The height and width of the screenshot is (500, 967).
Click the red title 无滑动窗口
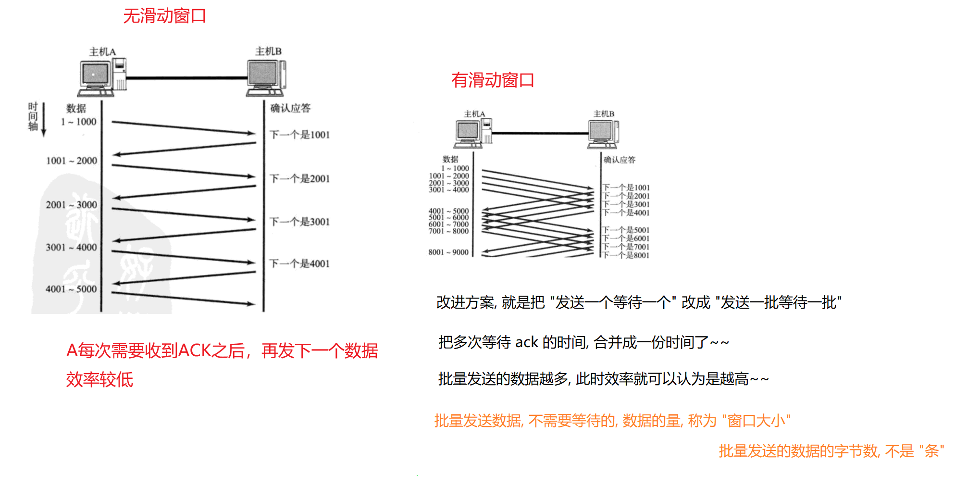[164, 16]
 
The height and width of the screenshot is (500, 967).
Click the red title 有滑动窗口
[493, 80]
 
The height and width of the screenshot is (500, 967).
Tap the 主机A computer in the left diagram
[102, 76]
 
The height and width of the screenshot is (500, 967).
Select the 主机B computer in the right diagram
[603, 133]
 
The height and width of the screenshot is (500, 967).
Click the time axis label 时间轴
[33, 116]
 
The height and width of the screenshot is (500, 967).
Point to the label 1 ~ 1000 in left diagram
[78, 122]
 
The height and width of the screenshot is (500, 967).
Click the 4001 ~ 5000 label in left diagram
[71, 289]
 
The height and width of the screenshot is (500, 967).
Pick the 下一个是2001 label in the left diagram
[299, 179]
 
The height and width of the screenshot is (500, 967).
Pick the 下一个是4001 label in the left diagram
[299, 263]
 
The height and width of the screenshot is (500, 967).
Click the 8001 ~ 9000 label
[448, 252]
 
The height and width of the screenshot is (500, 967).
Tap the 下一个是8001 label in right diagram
[626, 255]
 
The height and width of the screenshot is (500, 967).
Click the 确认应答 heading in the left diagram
[290, 108]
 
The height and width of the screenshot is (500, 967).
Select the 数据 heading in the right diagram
[450, 159]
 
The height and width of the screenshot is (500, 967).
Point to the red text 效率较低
[99, 379]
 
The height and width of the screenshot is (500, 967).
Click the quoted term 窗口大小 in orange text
[756, 421]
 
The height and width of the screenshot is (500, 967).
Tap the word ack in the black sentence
[526, 342]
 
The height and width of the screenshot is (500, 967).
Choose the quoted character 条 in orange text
[931, 451]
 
